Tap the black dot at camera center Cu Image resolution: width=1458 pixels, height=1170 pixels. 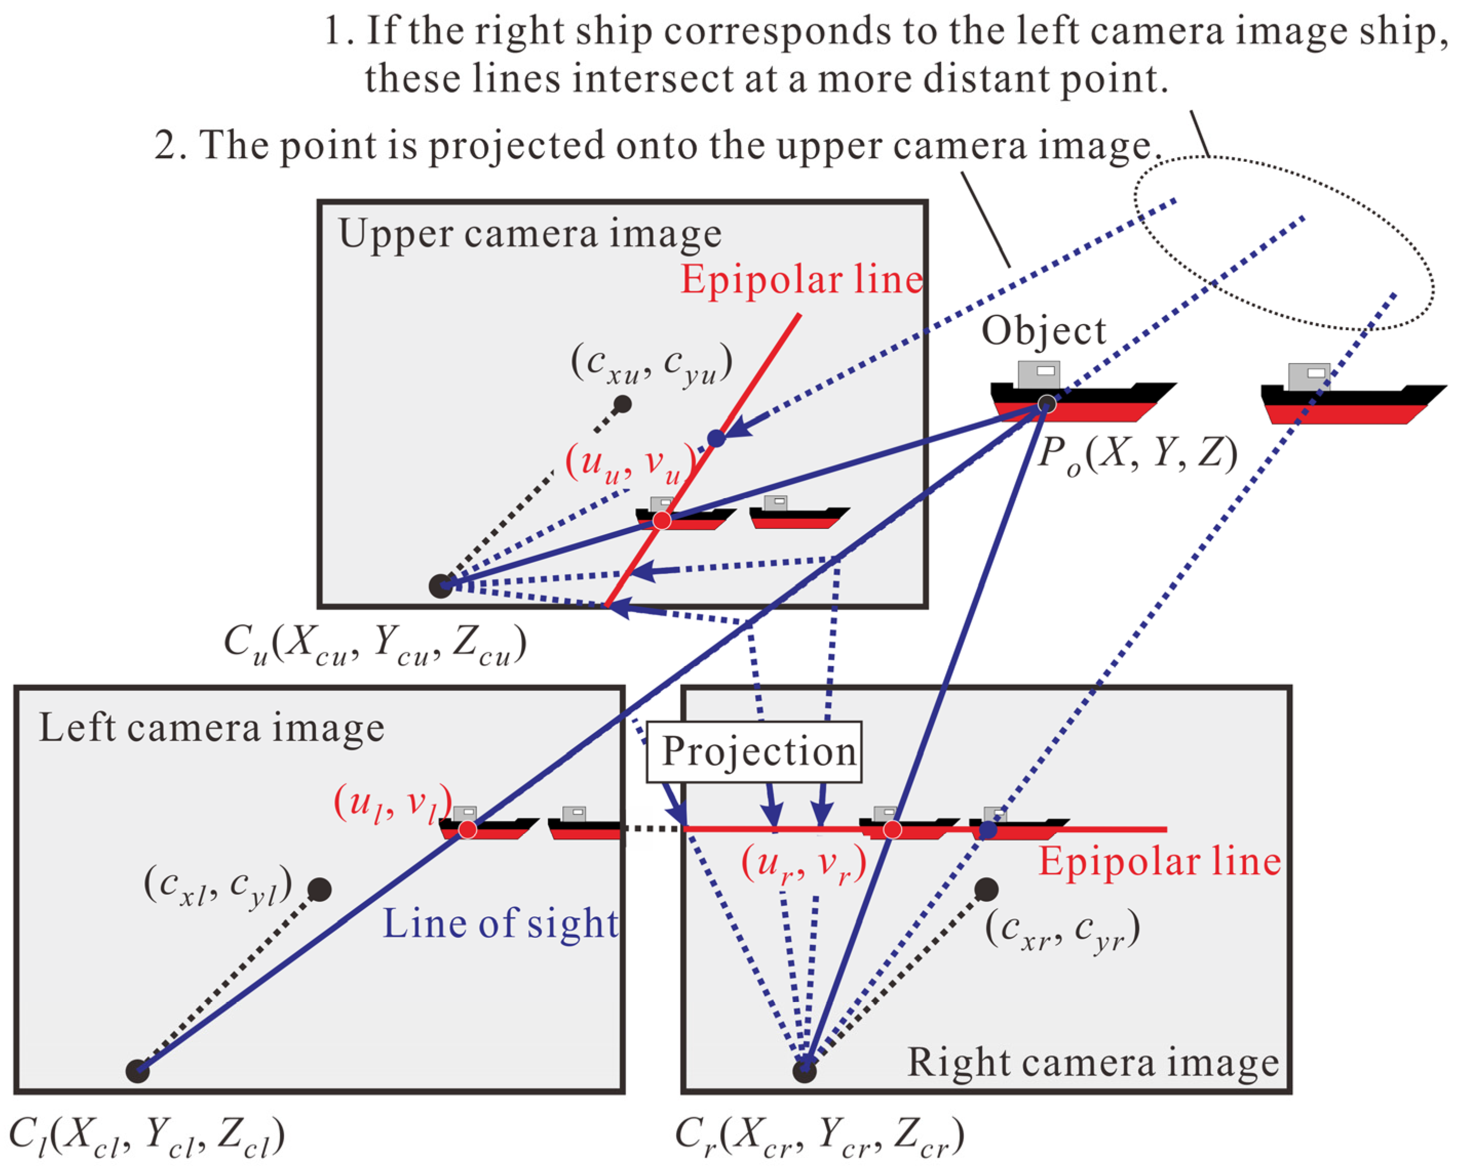(x=440, y=586)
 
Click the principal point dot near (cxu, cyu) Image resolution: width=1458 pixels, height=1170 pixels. (x=622, y=405)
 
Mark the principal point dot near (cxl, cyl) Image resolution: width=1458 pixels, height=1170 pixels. (x=319, y=889)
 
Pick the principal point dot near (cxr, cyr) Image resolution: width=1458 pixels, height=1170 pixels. (x=987, y=889)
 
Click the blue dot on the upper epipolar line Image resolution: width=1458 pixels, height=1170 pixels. (x=716, y=439)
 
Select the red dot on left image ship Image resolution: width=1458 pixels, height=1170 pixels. (x=467, y=829)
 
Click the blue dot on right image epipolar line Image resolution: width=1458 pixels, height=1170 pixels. (x=988, y=829)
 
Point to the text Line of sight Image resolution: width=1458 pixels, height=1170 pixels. (x=501, y=923)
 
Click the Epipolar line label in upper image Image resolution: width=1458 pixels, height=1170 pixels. (x=801, y=279)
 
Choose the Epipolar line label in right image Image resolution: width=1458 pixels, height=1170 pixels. (x=1160, y=861)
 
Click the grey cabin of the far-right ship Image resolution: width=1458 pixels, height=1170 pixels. (x=1309, y=377)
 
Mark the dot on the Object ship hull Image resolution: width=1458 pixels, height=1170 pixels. (x=1047, y=404)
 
